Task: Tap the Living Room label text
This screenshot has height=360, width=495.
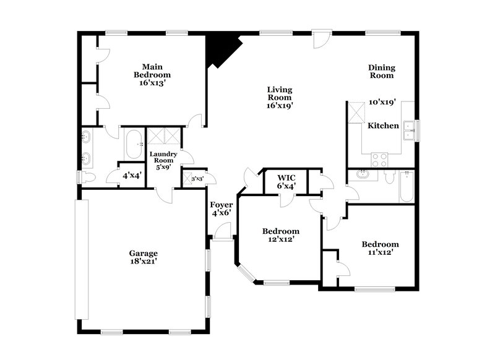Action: [x=279, y=97]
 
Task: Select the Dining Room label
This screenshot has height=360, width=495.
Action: [x=381, y=71]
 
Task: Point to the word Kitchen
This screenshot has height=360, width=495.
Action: [x=384, y=126]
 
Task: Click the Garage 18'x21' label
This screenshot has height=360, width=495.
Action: [x=143, y=257]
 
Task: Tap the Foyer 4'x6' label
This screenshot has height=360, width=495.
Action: [x=221, y=209]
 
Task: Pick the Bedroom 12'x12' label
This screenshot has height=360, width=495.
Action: [x=280, y=235]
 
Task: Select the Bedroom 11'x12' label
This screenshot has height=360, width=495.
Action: [x=380, y=248]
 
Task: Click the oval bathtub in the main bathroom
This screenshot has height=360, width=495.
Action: [x=133, y=146]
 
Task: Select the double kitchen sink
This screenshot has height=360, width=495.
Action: [x=409, y=131]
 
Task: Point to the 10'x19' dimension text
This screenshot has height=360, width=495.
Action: [x=382, y=103]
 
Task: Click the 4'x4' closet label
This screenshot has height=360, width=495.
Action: [x=132, y=176]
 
